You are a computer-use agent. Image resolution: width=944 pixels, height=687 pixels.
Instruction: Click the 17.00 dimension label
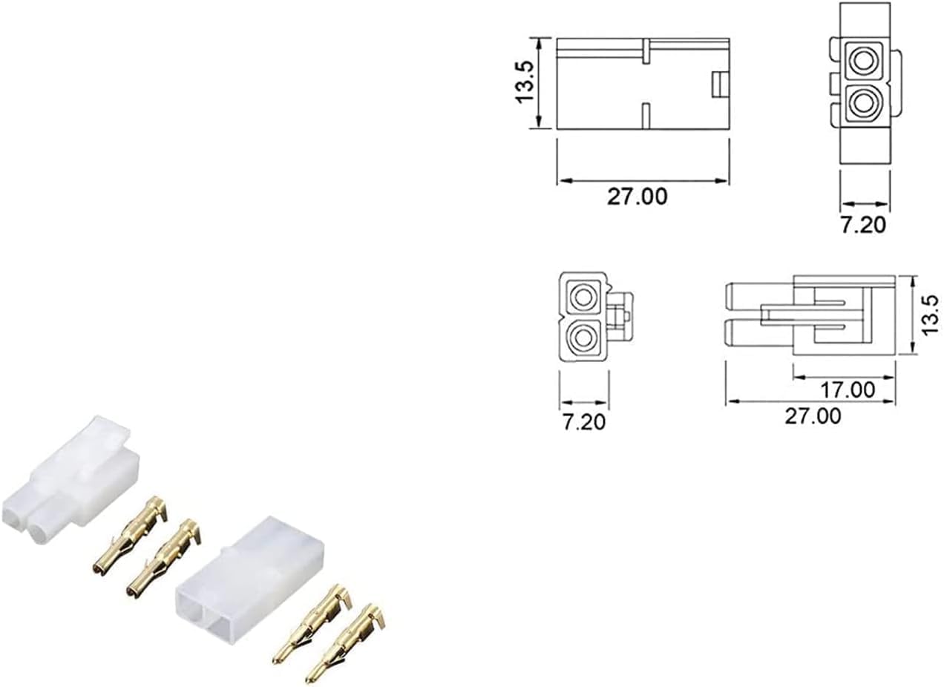click(848, 390)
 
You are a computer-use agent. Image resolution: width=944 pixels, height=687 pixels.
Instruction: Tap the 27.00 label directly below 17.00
click(813, 416)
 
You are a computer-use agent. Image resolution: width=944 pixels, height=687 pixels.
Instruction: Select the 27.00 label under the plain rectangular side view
click(637, 197)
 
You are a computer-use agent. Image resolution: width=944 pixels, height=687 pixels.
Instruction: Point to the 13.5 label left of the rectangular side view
click(525, 82)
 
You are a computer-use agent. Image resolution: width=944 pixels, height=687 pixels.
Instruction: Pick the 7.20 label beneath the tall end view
click(863, 225)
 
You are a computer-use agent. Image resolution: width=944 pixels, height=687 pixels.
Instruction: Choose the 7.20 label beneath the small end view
click(584, 422)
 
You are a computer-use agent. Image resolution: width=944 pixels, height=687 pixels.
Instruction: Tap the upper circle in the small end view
click(583, 298)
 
